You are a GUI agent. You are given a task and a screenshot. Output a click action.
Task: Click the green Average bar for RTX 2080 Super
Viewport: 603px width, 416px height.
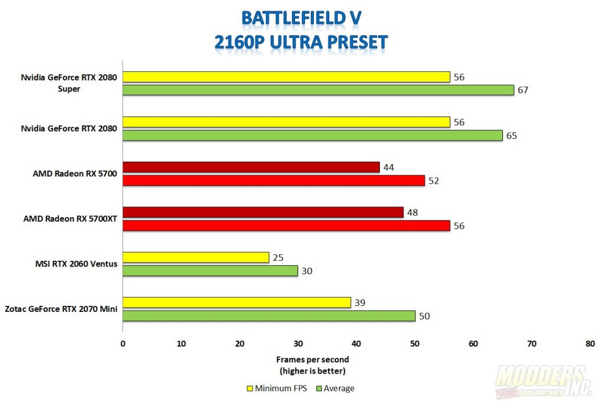point(318,90)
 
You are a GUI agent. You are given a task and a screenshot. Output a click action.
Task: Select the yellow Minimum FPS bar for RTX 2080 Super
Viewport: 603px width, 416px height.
point(286,76)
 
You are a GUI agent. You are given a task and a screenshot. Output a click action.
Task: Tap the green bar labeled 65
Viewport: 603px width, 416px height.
point(313,135)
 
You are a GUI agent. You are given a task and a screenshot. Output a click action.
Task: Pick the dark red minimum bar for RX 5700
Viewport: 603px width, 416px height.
point(251,167)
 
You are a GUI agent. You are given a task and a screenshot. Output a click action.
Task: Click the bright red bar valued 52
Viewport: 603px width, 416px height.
point(273,181)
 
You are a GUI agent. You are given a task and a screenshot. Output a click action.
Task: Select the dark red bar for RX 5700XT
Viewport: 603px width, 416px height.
point(263,212)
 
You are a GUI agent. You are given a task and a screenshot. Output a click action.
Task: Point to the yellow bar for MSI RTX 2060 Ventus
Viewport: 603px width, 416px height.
point(196,257)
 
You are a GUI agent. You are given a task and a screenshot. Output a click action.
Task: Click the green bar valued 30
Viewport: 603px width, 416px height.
point(210,271)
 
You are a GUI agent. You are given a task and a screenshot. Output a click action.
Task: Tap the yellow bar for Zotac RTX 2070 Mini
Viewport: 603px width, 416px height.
point(237,302)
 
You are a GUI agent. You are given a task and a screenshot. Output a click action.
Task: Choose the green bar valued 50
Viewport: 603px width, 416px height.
point(269,316)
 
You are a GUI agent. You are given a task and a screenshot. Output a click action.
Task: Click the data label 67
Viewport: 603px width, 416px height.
point(522,90)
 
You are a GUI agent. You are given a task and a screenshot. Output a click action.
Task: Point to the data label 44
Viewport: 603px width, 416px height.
point(388,167)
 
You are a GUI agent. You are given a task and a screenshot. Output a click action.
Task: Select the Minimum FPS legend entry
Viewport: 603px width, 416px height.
point(276,388)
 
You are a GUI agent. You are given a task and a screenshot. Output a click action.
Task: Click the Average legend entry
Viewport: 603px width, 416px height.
point(335,388)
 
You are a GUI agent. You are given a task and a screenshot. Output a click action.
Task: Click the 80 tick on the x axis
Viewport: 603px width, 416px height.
point(590,343)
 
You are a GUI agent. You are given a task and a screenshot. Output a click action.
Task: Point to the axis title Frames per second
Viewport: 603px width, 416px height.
point(312,359)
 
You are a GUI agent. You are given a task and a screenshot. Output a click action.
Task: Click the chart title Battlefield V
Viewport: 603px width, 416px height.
point(301,18)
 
